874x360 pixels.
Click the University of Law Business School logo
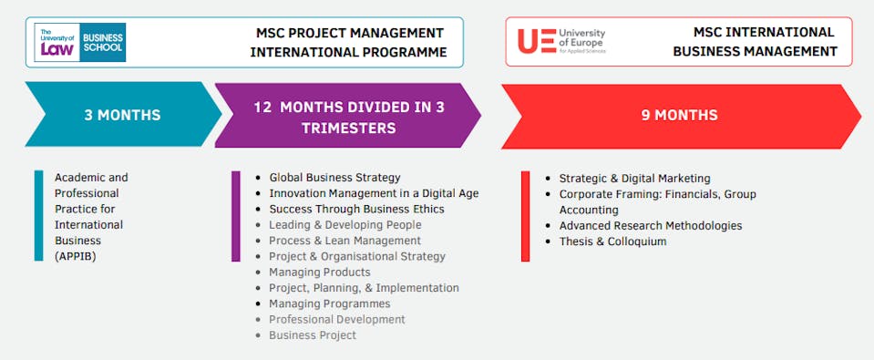click(x=80, y=42)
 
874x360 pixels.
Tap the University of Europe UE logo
click(x=561, y=41)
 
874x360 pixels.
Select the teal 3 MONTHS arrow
click(x=123, y=115)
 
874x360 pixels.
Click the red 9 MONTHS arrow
click(x=681, y=116)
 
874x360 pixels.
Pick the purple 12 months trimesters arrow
click(x=348, y=116)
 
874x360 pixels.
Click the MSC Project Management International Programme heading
click(x=349, y=42)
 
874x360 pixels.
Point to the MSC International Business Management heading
click(x=756, y=42)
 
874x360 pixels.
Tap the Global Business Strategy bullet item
click(x=334, y=178)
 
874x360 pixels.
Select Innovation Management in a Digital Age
click(x=374, y=193)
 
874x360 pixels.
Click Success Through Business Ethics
click(x=356, y=209)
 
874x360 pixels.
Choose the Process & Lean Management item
click(x=345, y=241)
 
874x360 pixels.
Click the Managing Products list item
click(x=319, y=273)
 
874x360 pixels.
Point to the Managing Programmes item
click(x=329, y=303)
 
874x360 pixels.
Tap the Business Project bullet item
click(x=312, y=335)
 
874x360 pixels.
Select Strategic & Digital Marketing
click(x=635, y=179)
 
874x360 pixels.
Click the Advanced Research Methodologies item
click(x=651, y=226)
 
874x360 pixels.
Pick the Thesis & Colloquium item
click(x=612, y=242)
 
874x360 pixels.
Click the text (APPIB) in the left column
click(x=76, y=257)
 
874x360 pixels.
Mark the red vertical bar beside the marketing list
click(x=525, y=216)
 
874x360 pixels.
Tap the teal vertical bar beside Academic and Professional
click(x=38, y=216)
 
